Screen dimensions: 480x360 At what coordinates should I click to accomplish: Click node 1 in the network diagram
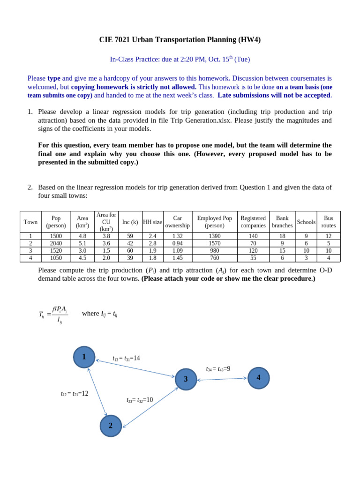(x=84, y=357)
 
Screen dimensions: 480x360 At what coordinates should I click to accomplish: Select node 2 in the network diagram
(x=111, y=426)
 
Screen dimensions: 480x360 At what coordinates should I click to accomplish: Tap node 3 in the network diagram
(x=186, y=379)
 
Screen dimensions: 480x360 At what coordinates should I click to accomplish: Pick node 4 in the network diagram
(x=258, y=378)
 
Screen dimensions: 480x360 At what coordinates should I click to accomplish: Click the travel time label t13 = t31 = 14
(x=126, y=359)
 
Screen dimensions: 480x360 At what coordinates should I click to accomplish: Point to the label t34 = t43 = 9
(x=218, y=369)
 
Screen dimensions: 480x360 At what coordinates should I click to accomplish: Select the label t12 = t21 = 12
(x=75, y=394)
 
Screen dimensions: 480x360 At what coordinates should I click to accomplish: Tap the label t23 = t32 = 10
(x=140, y=400)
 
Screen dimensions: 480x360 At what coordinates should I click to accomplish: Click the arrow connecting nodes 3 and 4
(x=222, y=379)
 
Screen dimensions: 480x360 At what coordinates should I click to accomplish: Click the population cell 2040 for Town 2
(x=56, y=244)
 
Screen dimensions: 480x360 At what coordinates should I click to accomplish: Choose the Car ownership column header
(x=177, y=222)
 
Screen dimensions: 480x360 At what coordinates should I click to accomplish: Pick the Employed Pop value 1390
(x=214, y=236)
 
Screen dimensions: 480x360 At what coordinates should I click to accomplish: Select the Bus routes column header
(x=329, y=222)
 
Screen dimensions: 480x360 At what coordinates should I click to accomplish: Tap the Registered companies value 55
(x=253, y=258)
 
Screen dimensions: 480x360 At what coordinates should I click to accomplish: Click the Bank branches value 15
(x=282, y=251)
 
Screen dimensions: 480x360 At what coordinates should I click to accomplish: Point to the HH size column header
(x=152, y=222)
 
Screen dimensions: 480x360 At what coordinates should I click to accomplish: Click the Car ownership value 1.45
(x=177, y=258)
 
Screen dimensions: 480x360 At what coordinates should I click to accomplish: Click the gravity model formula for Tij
(x=54, y=315)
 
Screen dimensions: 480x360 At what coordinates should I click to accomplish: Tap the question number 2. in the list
(x=30, y=187)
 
